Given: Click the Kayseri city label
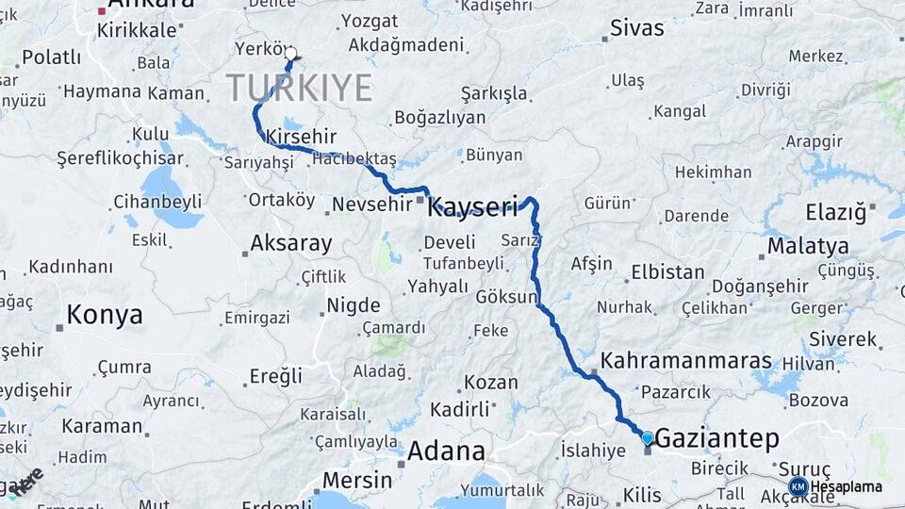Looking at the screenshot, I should point(472,206).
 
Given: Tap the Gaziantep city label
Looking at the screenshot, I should point(716,438).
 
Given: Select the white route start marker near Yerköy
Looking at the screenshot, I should point(290,54).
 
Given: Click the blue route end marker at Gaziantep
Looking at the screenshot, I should point(647,437).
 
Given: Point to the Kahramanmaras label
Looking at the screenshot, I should point(685,361).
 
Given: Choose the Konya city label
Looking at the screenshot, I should point(104,315).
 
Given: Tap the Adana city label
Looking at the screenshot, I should point(446,451).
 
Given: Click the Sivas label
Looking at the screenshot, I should point(637,28).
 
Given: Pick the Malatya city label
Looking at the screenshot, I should point(807,247).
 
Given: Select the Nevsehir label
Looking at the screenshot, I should point(373,204).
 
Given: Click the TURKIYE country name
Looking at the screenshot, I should point(299,88).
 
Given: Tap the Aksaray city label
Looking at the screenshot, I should point(290,244).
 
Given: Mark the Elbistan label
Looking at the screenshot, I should point(667,272).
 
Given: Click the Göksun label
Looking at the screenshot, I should point(505,296).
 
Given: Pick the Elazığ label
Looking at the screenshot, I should point(835,212).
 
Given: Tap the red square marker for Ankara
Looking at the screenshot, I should point(102,11).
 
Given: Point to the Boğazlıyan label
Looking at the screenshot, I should point(439,118).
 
